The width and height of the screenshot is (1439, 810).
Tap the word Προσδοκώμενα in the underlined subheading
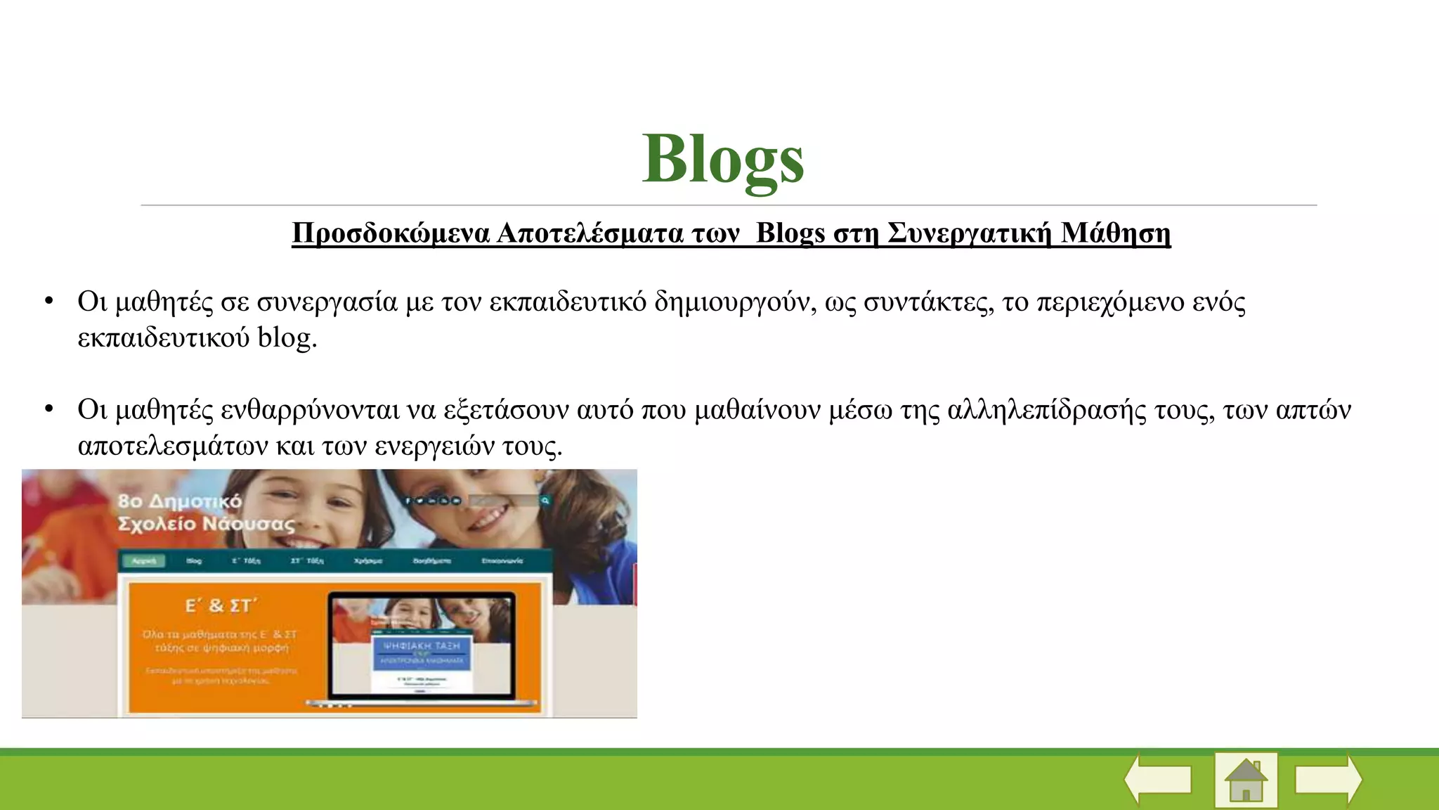(390, 233)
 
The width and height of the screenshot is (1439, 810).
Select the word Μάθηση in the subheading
(1115, 233)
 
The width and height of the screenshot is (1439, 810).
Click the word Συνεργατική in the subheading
(969, 233)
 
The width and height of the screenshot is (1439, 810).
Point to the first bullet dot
(48, 302)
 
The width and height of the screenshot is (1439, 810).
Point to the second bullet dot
(48, 409)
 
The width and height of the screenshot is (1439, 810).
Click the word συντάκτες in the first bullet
(927, 302)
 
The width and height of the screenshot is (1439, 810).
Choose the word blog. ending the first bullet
(287, 337)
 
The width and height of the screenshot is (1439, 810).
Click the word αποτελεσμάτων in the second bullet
(173, 446)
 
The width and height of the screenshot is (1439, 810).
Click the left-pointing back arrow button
(1158, 779)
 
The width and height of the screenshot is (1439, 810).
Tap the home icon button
(1246, 780)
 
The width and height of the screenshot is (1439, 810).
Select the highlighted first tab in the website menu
(144, 560)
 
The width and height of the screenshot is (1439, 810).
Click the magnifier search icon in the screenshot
(545, 501)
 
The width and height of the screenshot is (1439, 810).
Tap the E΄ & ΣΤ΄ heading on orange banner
(221, 605)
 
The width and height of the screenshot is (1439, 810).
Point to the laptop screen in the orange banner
(422, 647)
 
